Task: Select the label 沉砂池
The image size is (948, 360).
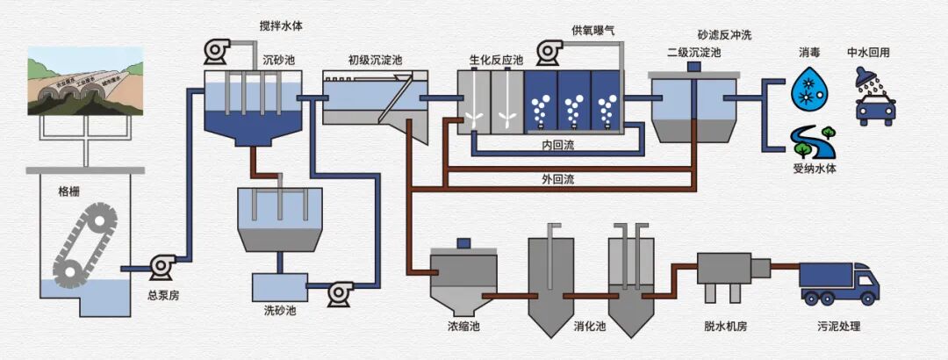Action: [x=281, y=60]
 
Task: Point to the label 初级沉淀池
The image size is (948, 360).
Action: [x=375, y=60]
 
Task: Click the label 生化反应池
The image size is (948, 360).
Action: [x=496, y=60]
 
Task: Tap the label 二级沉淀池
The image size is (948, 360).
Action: [x=693, y=53]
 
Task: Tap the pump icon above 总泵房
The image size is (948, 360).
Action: [x=162, y=265]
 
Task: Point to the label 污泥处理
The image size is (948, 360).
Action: [x=838, y=328]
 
